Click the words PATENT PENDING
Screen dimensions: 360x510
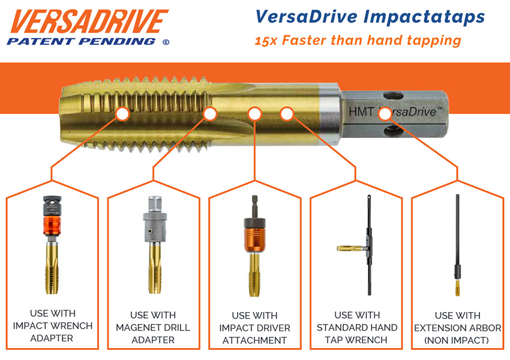click(x=79, y=41)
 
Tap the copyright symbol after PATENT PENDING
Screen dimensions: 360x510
click(x=166, y=42)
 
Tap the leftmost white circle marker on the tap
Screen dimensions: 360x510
click(x=122, y=113)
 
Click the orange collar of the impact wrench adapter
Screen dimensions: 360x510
click(x=52, y=227)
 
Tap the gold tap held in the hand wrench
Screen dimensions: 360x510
click(x=347, y=248)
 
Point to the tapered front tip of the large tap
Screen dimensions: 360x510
click(x=69, y=114)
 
